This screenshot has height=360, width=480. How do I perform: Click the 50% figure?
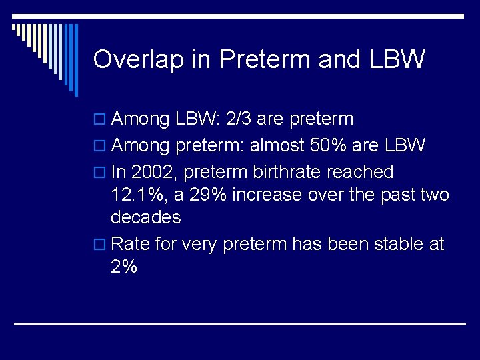(x=317, y=145)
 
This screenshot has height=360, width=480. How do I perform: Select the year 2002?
(x=153, y=172)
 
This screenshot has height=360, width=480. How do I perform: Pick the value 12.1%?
(x=134, y=195)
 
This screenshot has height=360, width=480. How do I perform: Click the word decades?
(x=145, y=217)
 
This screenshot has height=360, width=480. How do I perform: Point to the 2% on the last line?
(x=124, y=267)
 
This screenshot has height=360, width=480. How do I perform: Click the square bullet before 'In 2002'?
(x=101, y=173)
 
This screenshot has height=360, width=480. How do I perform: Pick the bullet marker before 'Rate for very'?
(x=101, y=245)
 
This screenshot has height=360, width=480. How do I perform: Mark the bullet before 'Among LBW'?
(x=101, y=120)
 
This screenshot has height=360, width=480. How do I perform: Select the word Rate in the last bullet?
(x=131, y=244)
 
